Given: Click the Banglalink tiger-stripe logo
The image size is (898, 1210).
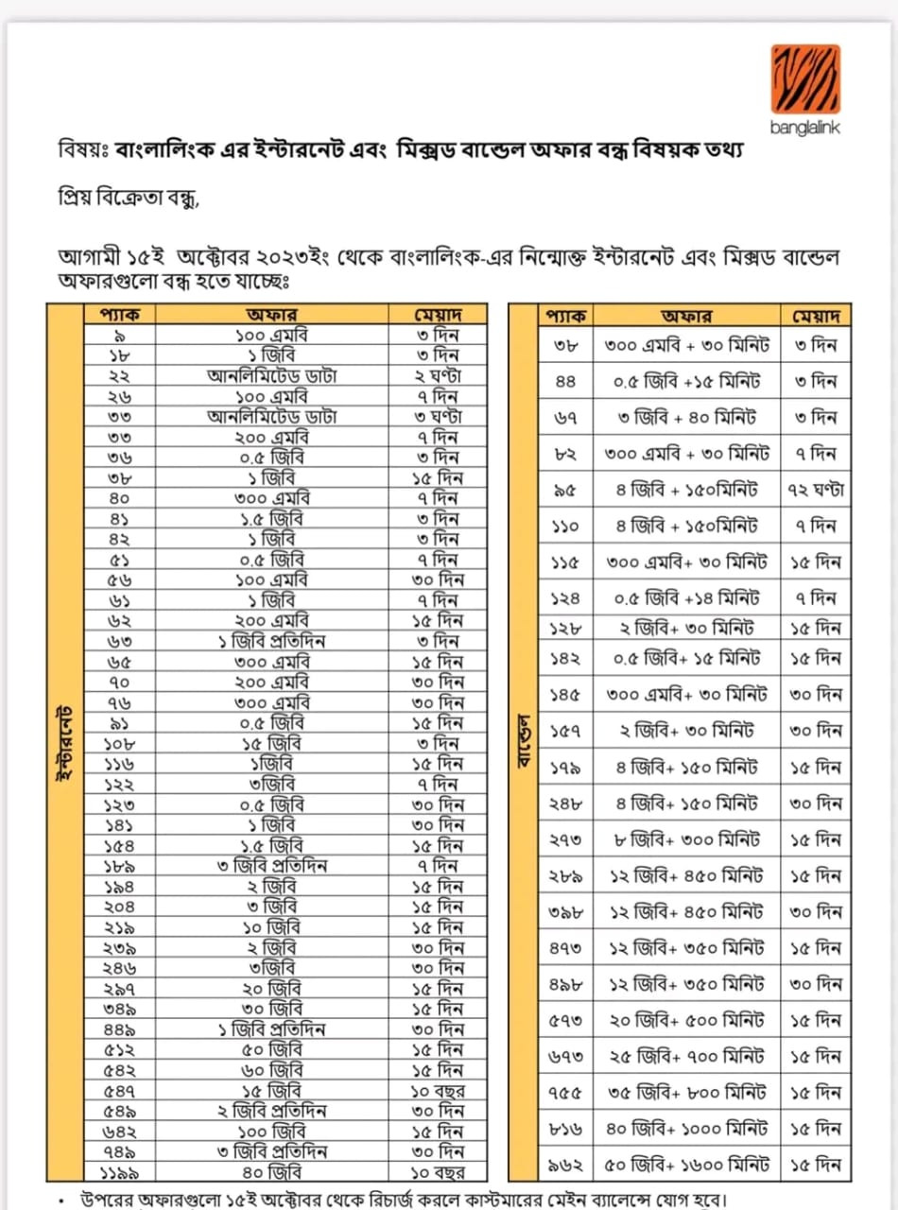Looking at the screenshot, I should (x=805, y=78).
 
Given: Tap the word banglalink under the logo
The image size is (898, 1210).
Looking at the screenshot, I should (x=805, y=128).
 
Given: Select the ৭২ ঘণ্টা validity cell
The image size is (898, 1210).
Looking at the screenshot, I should (x=815, y=490).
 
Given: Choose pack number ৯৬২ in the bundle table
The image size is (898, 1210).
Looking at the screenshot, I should (x=570, y=1165).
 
